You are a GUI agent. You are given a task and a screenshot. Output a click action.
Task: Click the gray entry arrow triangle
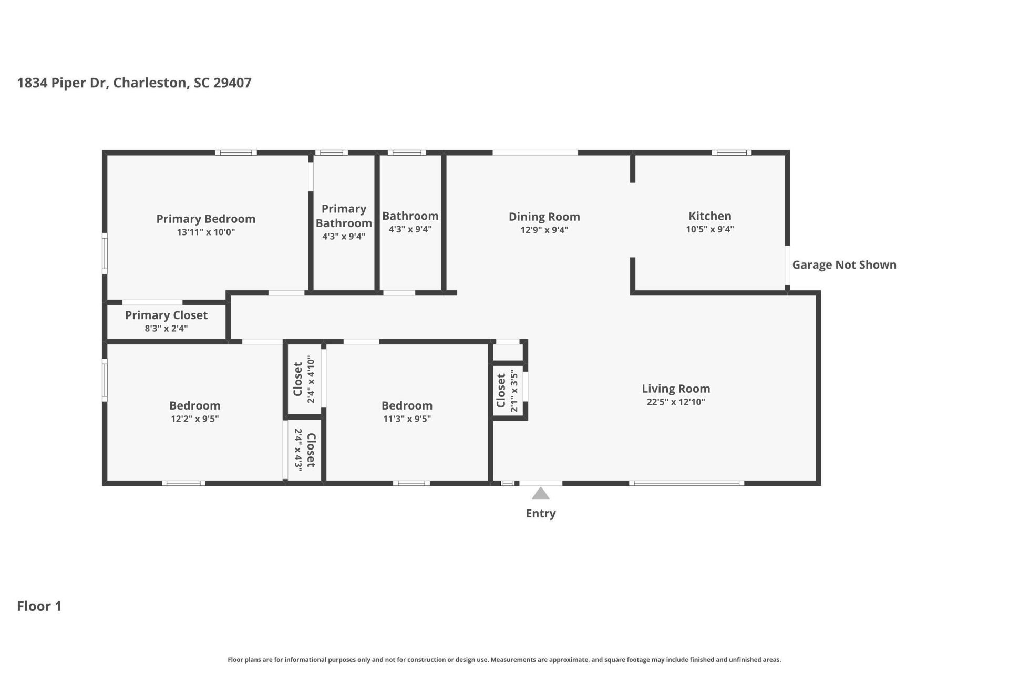tap(540, 494)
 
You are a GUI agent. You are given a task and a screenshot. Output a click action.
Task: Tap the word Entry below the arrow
tap(540, 514)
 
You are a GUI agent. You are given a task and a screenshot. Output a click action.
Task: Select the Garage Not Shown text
tap(844, 265)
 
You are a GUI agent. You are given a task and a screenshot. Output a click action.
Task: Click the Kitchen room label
tap(709, 216)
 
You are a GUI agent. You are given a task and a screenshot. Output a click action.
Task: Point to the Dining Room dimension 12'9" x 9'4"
tap(544, 230)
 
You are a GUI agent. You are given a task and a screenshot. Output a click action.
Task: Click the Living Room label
tap(675, 389)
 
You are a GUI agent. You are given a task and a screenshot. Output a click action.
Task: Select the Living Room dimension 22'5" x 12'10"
tap(675, 402)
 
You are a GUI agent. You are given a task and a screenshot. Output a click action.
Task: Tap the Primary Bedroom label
tap(205, 219)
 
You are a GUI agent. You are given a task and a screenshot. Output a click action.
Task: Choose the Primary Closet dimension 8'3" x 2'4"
tap(166, 329)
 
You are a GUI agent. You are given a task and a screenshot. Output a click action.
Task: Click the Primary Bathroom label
tap(344, 216)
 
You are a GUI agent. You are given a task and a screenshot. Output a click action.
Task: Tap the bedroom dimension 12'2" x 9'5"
tap(194, 419)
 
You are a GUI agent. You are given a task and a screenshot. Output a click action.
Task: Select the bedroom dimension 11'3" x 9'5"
tap(407, 419)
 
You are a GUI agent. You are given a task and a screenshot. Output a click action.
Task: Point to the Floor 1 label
tap(39, 606)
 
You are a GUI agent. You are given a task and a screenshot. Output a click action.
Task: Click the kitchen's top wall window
tap(732, 153)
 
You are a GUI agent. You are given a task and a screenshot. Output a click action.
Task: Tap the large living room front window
tap(686, 483)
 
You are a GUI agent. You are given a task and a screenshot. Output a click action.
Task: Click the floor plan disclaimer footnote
tap(504, 660)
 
